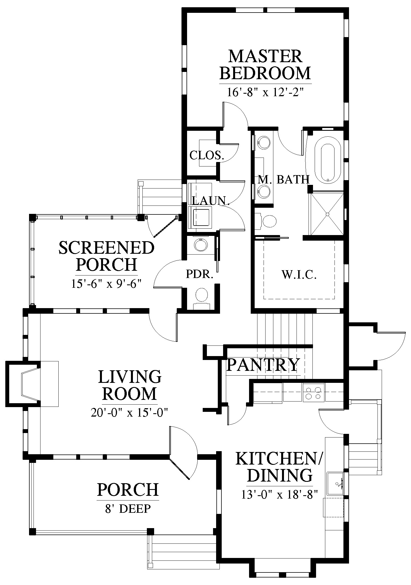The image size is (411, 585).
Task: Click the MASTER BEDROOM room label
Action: (x=265, y=65)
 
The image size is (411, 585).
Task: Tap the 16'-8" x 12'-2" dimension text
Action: (x=265, y=92)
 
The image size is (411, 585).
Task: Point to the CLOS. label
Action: (x=207, y=155)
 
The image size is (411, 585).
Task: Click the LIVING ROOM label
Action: (x=130, y=385)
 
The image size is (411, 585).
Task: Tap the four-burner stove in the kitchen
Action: (x=314, y=392)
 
